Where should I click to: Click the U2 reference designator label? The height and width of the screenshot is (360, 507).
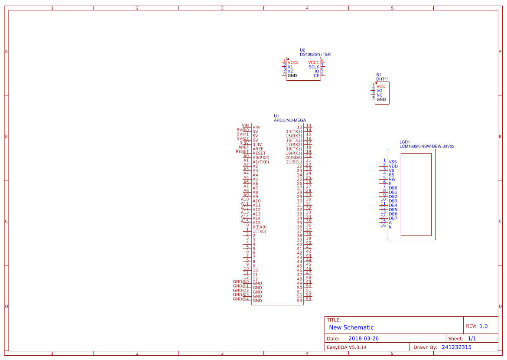click(x=302, y=50)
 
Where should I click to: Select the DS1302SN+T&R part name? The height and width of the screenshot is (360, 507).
click(x=315, y=54)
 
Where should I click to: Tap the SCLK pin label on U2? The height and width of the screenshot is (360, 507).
click(x=314, y=67)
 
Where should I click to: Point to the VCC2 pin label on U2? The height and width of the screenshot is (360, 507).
click(x=293, y=63)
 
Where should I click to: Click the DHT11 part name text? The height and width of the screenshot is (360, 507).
click(x=382, y=79)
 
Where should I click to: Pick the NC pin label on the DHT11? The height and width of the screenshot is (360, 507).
click(x=379, y=95)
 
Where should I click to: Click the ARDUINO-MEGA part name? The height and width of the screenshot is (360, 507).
click(x=290, y=120)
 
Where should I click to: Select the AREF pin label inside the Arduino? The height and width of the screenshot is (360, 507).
click(x=258, y=149)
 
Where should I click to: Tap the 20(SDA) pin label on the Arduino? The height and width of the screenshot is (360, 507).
click(x=294, y=157)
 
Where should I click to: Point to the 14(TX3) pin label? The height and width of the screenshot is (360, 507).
click(x=294, y=132)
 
